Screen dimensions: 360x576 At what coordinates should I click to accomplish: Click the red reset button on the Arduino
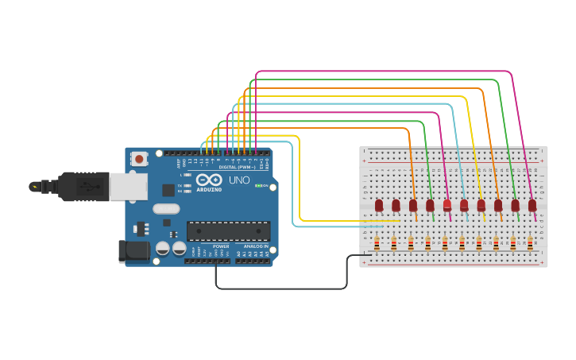coord(140,159)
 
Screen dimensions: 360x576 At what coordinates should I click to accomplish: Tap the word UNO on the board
coord(239,180)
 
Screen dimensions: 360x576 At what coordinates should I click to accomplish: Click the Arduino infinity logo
coord(208,180)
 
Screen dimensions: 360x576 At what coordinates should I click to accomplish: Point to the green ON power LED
coord(258,185)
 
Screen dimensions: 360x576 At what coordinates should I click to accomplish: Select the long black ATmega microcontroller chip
coord(228,231)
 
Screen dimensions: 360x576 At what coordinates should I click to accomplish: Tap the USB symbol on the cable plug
coord(88,188)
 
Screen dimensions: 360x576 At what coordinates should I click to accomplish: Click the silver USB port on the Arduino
coord(128,187)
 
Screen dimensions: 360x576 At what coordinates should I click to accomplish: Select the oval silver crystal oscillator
coord(166,209)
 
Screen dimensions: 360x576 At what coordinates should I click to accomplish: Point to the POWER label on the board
coord(220,246)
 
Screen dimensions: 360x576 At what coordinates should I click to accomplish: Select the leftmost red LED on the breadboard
coord(379,205)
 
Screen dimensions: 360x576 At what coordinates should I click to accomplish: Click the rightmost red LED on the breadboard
coord(532,205)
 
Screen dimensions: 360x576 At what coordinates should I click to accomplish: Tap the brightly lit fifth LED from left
coord(447,205)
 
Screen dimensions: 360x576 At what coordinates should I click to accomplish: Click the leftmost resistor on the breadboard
coord(377,243)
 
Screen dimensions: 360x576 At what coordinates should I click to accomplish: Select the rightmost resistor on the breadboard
coord(530,243)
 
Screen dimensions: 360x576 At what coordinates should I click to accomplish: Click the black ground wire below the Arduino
coord(278,288)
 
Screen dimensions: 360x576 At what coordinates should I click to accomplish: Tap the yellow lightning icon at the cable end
coord(34,187)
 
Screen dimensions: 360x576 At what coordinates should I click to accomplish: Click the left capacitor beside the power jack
coord(163,249)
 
